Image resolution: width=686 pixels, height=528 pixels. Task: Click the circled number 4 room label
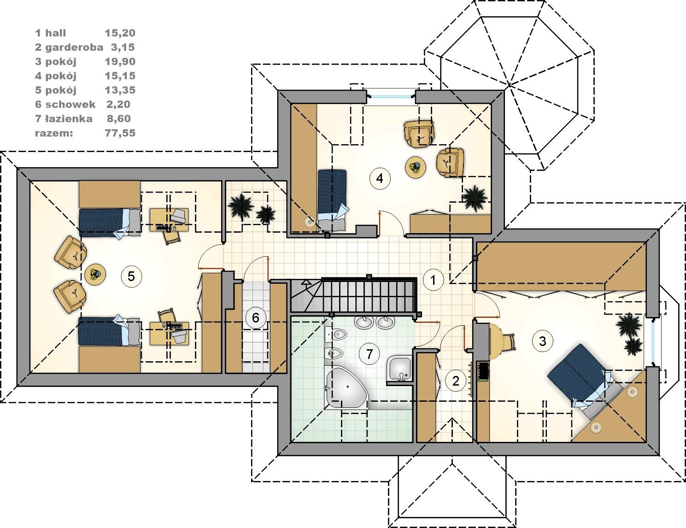click(x=380, y=179)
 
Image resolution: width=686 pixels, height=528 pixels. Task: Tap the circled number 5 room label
click(x=131, y=276)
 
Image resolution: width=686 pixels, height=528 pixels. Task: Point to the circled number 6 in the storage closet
click(x=255, y=317)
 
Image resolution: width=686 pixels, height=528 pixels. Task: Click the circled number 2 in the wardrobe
click(x=456, y=381)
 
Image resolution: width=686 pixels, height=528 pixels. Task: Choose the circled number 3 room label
click(x=542, y=341)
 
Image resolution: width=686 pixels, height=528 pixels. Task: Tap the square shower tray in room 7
click(x=399, y=369)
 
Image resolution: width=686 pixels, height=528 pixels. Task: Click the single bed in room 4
click(x=332, y=199)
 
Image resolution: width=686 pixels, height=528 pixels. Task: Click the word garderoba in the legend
click(x=74, y=47)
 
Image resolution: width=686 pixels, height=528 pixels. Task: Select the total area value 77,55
click(x=120, y=133)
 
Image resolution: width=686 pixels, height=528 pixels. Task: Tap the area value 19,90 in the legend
click(x=120, y=62)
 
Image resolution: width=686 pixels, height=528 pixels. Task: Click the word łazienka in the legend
click(x=69, y=119)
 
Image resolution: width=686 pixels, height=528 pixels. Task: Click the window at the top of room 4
click(x=391, y=95)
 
